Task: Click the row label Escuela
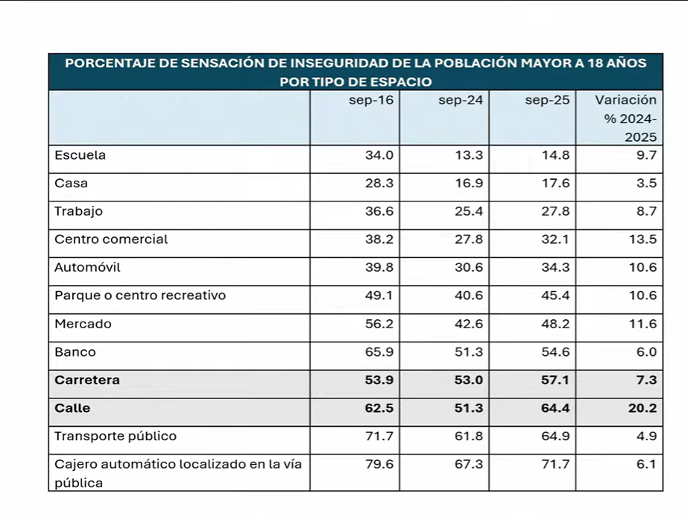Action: [80, 156]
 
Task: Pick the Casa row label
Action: [71, 184]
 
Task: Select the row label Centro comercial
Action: [111, 239]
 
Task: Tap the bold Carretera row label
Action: [87, 380]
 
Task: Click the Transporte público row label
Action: [116, 436]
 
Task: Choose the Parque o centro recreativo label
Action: [140, 295]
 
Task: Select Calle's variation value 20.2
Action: [643, 408]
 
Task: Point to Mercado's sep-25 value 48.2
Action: [555, 324]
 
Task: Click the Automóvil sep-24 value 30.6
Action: [469, 268]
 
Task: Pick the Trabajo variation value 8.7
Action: [646, 212]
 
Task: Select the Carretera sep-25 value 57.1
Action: [555, 380]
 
